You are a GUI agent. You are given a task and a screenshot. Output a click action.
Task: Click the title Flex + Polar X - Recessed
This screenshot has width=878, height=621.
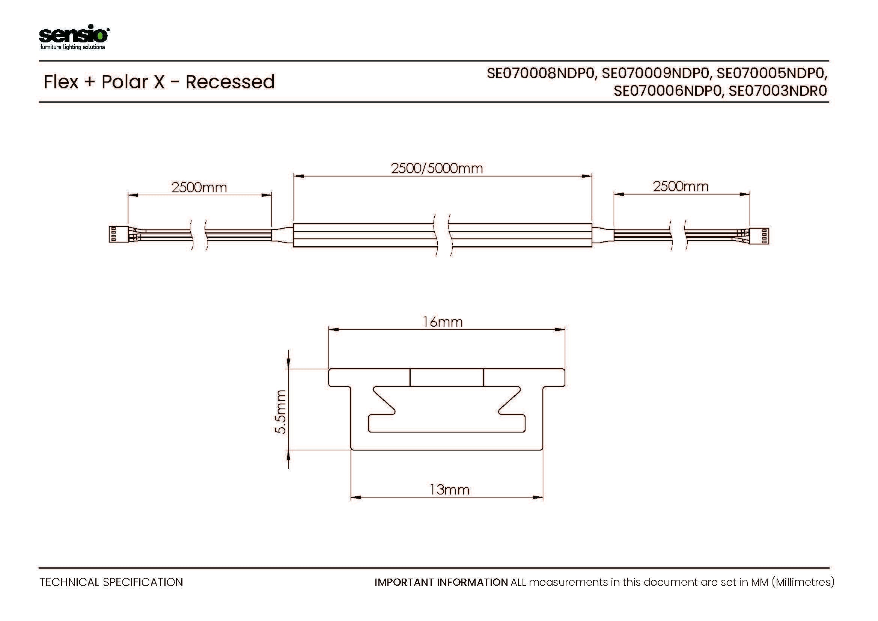click(159, 82)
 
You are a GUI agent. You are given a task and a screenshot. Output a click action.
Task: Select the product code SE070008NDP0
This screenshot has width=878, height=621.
click(541, 73)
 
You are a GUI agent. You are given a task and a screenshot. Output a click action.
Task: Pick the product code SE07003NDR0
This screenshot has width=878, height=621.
click(778, 91)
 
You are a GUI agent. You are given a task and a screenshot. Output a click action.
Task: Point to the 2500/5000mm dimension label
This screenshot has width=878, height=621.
click(437, 168)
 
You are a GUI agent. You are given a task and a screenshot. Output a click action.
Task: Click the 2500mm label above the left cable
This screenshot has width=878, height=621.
click(199, 187)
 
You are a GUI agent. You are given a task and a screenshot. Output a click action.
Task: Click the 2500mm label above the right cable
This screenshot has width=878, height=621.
click(681, 186)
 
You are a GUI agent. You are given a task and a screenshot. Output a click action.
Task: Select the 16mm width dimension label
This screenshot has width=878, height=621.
click(443, 322)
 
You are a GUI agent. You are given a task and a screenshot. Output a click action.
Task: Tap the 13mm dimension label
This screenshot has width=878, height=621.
click(449, 490)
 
